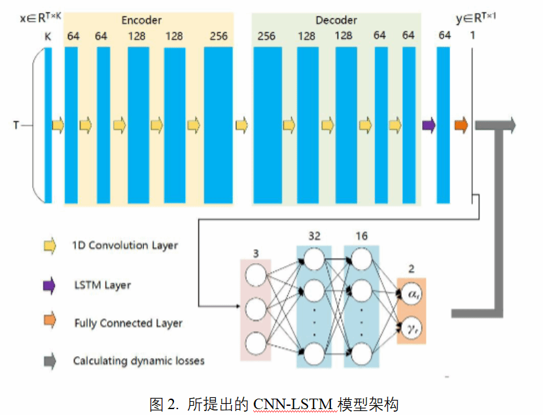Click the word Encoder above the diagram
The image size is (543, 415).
click(x=141, y=20)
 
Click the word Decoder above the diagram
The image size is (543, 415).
click(x=336, y=20)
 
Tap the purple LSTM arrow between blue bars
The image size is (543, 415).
click(x=429, y=124)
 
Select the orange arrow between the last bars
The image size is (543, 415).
click(x=461, y=124)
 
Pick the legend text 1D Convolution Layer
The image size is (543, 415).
click(x=125, y=246)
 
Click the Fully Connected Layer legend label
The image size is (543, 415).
click(x=128, y=323)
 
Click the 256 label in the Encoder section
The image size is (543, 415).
click(x=219, y=36)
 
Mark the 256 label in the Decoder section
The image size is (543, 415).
click(x=266, y=36)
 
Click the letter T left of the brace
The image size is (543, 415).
click(x=16, y=124)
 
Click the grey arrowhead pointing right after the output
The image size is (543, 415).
click(x=510, y=124)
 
